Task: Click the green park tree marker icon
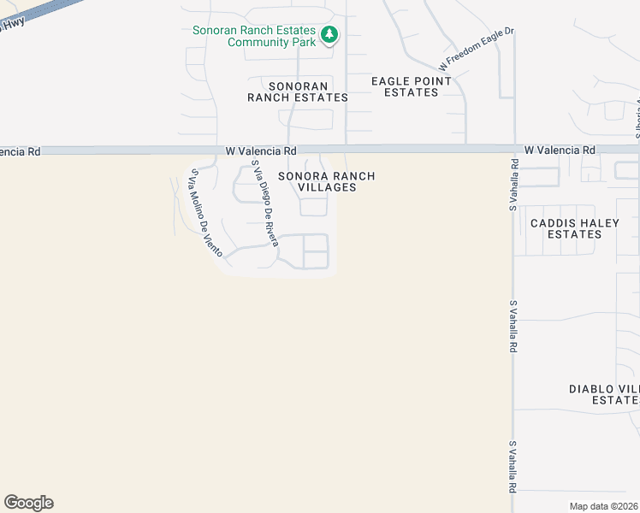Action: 329,35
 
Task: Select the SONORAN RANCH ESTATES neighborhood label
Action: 298,91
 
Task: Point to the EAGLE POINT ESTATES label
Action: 411,86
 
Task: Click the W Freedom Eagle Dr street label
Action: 476,49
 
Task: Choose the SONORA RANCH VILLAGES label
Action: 326,181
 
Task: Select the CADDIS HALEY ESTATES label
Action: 574,228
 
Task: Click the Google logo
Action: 28,503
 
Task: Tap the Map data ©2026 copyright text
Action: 603,506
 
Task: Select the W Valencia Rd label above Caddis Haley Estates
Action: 560,150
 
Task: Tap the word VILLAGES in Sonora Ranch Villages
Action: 326,187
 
